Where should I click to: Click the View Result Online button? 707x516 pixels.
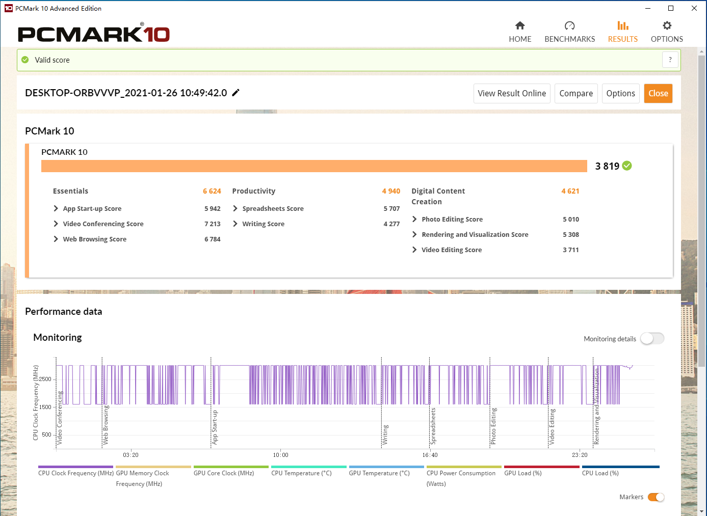512,93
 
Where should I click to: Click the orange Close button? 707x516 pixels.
658,93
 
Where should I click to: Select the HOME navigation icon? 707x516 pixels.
520,26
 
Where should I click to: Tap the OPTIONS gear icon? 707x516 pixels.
667,26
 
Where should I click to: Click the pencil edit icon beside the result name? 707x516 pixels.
235,93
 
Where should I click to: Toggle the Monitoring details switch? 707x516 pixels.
652,339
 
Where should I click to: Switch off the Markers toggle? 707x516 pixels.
656,497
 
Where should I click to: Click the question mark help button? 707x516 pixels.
670,60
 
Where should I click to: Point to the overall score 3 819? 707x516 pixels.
607,166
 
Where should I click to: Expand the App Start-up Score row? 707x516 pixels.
56,208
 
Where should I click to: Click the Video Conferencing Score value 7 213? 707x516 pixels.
213,224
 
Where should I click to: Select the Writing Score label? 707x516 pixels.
263,224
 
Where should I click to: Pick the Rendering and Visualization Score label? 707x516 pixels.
475,235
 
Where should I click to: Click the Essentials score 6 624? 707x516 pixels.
212,191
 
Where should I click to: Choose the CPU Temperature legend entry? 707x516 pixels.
301,473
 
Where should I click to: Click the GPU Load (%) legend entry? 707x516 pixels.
523,473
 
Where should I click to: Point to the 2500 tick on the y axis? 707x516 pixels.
45,379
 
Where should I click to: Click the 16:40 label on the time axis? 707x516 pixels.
430,455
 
